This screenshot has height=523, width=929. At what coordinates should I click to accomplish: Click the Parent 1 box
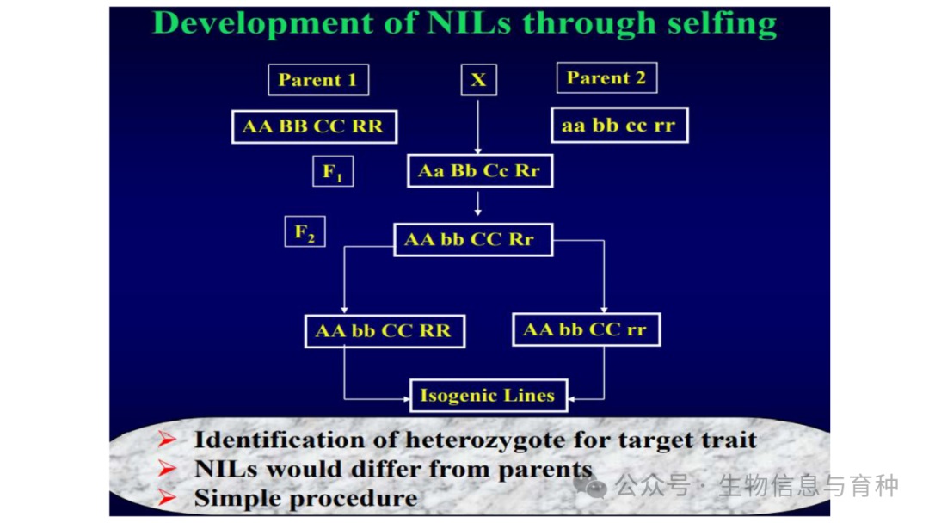[318, 80]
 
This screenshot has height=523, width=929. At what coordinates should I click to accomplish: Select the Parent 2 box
[606, 77]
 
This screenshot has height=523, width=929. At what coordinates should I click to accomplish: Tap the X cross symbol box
[479, 80]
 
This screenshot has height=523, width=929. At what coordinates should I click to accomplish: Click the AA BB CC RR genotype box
[314, 126]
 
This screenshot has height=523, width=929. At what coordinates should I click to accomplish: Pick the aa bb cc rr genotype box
[619, 125]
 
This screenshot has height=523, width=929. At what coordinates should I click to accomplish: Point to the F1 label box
[333, 171]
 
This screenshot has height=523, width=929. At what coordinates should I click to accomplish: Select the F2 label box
[305, 231]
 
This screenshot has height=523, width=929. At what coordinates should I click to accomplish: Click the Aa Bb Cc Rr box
[480, 170]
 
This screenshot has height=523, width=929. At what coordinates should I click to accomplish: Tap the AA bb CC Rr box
[473, 239]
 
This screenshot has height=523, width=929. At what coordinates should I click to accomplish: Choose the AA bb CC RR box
[385, 331]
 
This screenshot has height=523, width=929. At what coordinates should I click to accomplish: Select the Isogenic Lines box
[489, 395]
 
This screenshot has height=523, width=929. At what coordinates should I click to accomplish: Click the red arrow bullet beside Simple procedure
[167, 497]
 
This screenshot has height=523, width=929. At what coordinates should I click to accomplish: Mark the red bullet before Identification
[167, 439]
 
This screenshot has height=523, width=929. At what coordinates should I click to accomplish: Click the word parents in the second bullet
[544, 470]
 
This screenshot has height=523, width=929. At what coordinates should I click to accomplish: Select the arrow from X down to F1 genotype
[478, 126]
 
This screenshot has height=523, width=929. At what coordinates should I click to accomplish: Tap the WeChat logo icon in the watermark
[589, 485]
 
